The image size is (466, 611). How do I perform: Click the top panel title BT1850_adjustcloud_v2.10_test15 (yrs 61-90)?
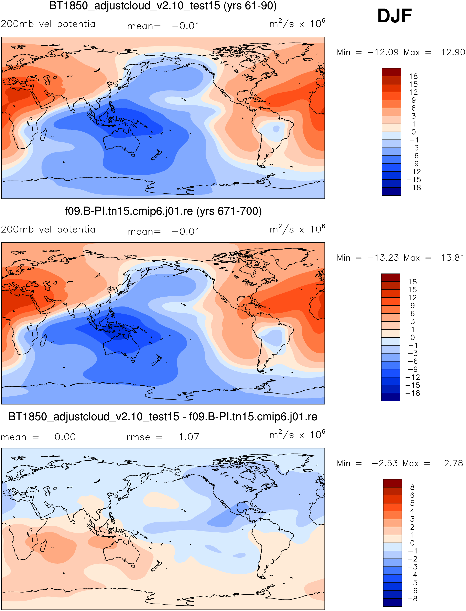(x=163, y=6)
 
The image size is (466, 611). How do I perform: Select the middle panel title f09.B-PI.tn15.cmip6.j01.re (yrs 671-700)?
(x=163, y=211)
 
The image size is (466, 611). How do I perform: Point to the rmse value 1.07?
(x=189, y=437)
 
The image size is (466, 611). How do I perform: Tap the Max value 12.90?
(x=453, y=52)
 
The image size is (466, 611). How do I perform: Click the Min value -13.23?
(x=383, y=258)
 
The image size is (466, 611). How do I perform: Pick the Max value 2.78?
(x=454, y=463)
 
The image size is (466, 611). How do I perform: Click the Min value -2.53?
(x=385, y=463)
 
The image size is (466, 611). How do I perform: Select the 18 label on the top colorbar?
(x=413, y=76)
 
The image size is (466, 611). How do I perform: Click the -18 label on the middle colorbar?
(x=413, y=393)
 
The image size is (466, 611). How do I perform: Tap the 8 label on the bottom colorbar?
(x=412, y=487)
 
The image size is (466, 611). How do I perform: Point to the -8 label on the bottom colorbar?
(x=412, y=599)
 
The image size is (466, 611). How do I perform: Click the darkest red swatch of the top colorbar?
(x=391, y=72)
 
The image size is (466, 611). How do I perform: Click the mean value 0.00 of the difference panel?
(x=65, y=437)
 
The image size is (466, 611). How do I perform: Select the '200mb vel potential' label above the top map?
(x=49, y=24)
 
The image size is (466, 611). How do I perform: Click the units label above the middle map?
(x=297, y=229)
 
